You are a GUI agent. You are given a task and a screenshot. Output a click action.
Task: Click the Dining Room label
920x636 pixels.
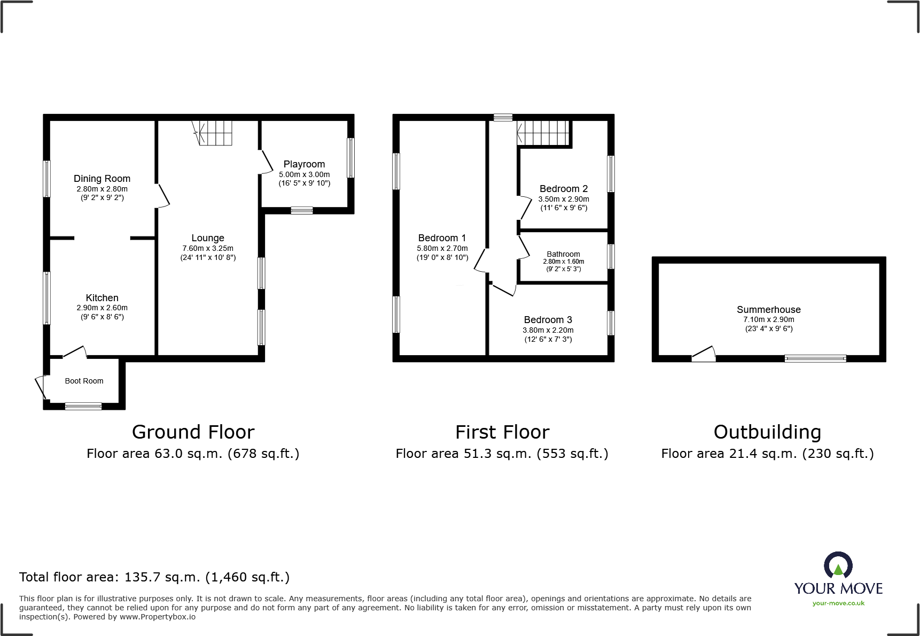coord(102,179)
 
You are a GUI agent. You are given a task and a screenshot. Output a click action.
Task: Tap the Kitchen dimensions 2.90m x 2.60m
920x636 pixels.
coord(102,308)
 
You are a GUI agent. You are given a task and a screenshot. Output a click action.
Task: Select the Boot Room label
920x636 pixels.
coord(84,381)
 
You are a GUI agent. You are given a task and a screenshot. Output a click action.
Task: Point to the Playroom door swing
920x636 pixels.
coord(266,163)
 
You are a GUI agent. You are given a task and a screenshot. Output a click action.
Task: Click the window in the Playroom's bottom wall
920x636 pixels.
coord(302,211)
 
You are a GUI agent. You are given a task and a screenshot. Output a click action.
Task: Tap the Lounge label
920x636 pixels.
coord(208,238)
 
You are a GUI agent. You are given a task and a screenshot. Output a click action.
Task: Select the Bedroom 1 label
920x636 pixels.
coord(442,238)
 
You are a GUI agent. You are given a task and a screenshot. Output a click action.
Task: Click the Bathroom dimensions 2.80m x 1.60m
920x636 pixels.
coord(563,262)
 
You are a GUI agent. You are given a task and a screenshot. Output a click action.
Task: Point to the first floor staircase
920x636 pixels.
coord(543,132)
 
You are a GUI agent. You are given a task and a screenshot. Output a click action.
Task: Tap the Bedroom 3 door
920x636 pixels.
coord(503,289)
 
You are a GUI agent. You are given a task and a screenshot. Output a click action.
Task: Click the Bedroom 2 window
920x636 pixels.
coord(611,173)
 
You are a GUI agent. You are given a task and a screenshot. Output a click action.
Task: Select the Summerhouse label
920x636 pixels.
coord(768,310)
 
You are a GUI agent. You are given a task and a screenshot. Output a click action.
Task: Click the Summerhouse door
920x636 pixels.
coord(704,354)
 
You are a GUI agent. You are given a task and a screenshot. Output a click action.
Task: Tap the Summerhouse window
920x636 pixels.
coord(815,358)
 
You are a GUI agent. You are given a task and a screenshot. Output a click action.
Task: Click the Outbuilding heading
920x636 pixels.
coord(767,432)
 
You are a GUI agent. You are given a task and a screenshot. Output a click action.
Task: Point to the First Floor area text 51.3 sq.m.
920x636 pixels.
coord(502,454)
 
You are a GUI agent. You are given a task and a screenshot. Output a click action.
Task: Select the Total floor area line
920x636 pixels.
coord(154,577)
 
